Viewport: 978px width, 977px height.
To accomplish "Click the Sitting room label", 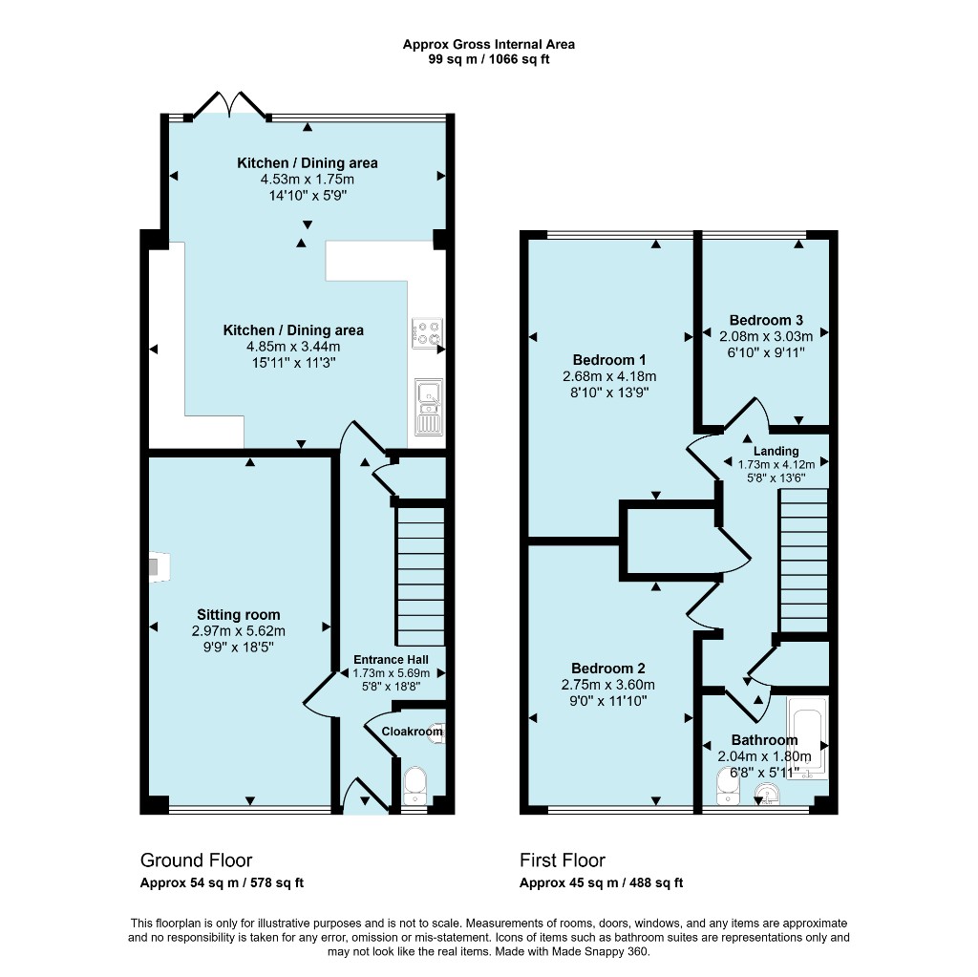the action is point(238,614).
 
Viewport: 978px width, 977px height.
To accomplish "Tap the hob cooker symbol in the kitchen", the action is point(427,332).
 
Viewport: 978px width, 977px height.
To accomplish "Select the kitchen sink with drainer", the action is point(429,407).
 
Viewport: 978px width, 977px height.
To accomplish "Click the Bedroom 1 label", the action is point(609,360).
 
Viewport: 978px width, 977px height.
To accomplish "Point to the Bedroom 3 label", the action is point(766,320).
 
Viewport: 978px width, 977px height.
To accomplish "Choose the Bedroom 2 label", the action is point(608,669).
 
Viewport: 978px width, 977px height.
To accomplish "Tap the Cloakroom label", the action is point(412,732).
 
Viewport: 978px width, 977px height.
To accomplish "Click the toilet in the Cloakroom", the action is point(415,785).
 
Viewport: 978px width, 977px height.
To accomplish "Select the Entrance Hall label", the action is point(391,659).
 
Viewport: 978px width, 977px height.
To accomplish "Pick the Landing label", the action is point(776,451).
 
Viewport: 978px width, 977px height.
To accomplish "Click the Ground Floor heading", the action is point(197,860).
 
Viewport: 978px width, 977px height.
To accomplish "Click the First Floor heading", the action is point(563,860).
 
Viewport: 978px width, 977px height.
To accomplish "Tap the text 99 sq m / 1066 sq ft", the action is point(489,60).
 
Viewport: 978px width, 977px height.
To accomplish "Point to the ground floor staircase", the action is point(420,576).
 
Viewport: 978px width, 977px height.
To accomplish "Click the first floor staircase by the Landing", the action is point(803,561).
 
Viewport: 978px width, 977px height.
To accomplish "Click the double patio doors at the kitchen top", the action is point(231,105).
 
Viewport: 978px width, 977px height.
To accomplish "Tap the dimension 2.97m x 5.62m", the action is point(238,630).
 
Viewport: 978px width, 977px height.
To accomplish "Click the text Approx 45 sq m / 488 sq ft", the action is point(602,882).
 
